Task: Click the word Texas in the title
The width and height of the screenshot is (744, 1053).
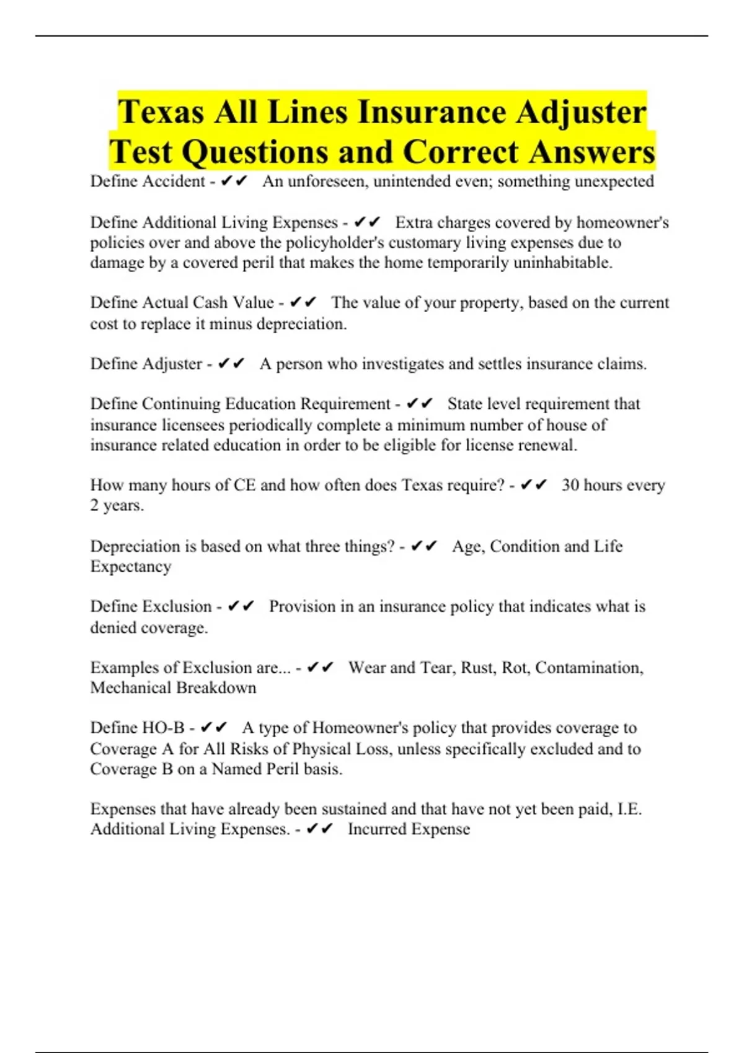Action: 161,112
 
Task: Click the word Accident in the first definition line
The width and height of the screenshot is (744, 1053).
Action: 174,181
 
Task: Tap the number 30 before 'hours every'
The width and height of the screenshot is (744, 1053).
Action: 570,485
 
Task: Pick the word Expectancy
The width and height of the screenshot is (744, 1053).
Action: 131,567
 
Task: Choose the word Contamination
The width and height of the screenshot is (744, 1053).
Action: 589,668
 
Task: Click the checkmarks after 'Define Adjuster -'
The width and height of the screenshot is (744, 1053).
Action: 232,364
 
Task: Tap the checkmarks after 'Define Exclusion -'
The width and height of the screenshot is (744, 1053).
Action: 241,606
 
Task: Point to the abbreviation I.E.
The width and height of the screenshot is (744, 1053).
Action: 630,809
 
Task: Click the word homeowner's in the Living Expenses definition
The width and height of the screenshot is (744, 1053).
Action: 622,222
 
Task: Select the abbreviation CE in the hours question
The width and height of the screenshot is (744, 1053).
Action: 244,485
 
